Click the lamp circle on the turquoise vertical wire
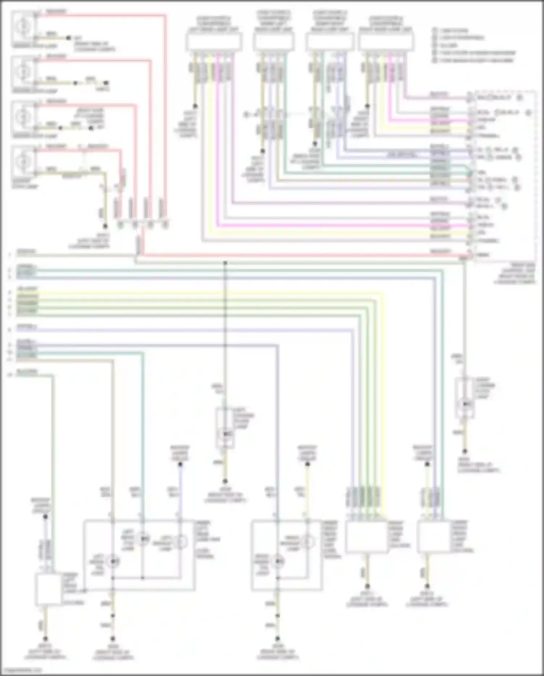(x=143, y=539)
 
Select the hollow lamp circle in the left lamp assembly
(x=180, y=542)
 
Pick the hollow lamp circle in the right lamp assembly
(x=308, y=542)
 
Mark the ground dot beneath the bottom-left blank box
(x=45, y=639)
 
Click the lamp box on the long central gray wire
(x=225, y=428)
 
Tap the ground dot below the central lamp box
(x=225, y=481)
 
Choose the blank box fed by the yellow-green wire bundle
(x=367, y=537)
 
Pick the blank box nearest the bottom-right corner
(x=433, y=537)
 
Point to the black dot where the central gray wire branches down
(x=225, y=262)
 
